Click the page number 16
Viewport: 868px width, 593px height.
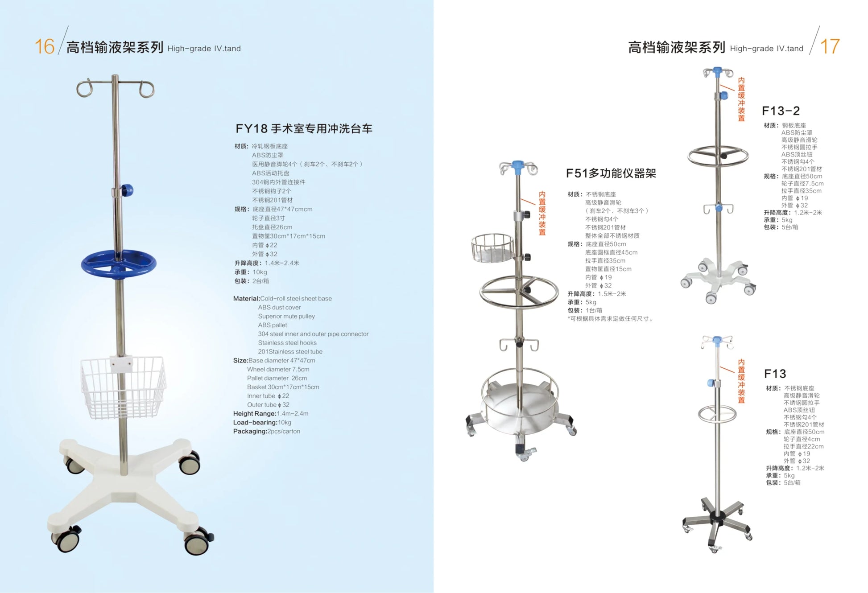point(44,46)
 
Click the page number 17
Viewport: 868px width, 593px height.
point(830,46)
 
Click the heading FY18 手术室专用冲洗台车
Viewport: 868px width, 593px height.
point(304,129)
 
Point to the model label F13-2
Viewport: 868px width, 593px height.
point(781,111)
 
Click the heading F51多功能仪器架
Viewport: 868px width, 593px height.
point(611,173)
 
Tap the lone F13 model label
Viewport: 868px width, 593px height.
point(775,374)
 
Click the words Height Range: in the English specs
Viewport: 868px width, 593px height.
point(254,414)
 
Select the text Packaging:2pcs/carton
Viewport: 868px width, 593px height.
point(266,432)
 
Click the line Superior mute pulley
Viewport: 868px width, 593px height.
point(286,316)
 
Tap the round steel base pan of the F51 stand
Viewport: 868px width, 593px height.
point(520,401)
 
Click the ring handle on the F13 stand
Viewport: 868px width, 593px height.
point(717,414)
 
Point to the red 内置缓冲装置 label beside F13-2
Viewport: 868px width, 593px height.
point(741,99)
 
